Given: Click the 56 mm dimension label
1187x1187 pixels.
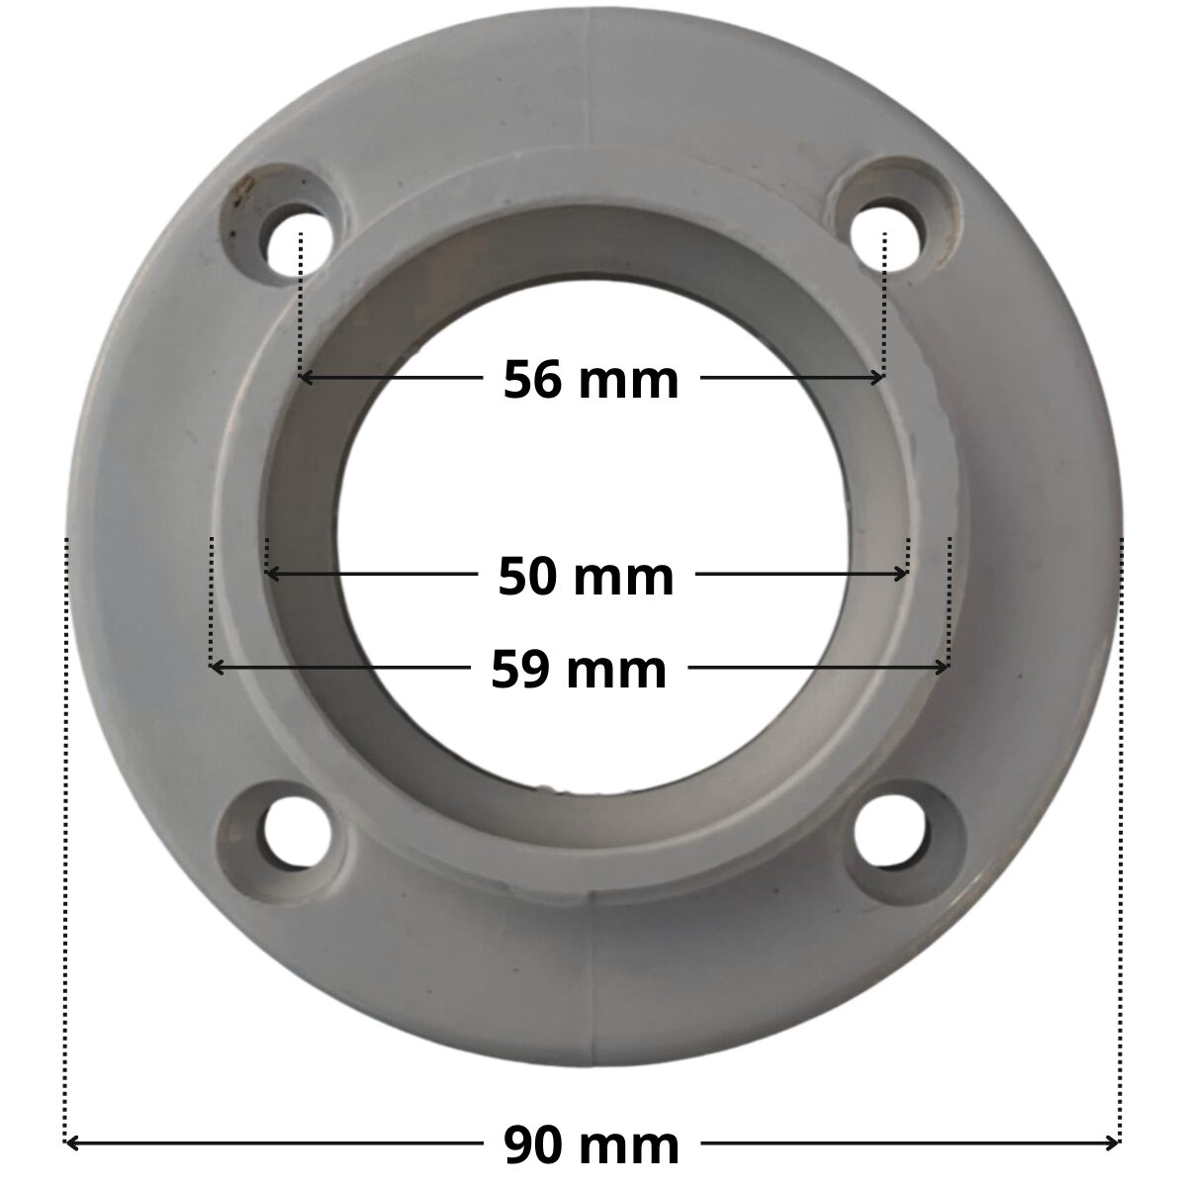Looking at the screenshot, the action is [x=591, y=380].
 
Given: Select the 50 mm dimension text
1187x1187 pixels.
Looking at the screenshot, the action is [x=586, y=577].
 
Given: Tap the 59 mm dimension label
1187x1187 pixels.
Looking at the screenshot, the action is [x=579, y=670].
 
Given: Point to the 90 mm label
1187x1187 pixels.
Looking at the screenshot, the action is [x=592, y=1143].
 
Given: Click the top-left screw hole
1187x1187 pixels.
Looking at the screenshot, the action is [x=297, y=237].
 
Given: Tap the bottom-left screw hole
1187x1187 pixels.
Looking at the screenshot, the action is [x=297, y=833].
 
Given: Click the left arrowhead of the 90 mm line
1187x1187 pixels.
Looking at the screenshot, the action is [x=71, y=1144].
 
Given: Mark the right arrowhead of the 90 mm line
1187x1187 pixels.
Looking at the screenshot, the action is [x=1113, y=1144].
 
